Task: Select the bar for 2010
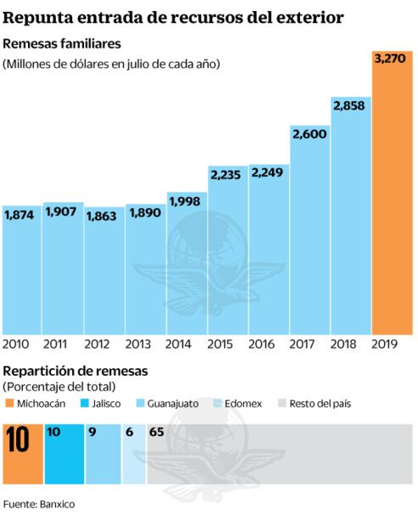pyautogui.click(x=21, y=272)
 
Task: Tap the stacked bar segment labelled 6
pyautogui.click(x=133, y=455)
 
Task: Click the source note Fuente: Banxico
pyautogui.click(x=39, y=504)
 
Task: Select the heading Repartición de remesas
pyautogui.click(x=76, y=371)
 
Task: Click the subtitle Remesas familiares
pyautogui.click(x=62, y=43)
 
